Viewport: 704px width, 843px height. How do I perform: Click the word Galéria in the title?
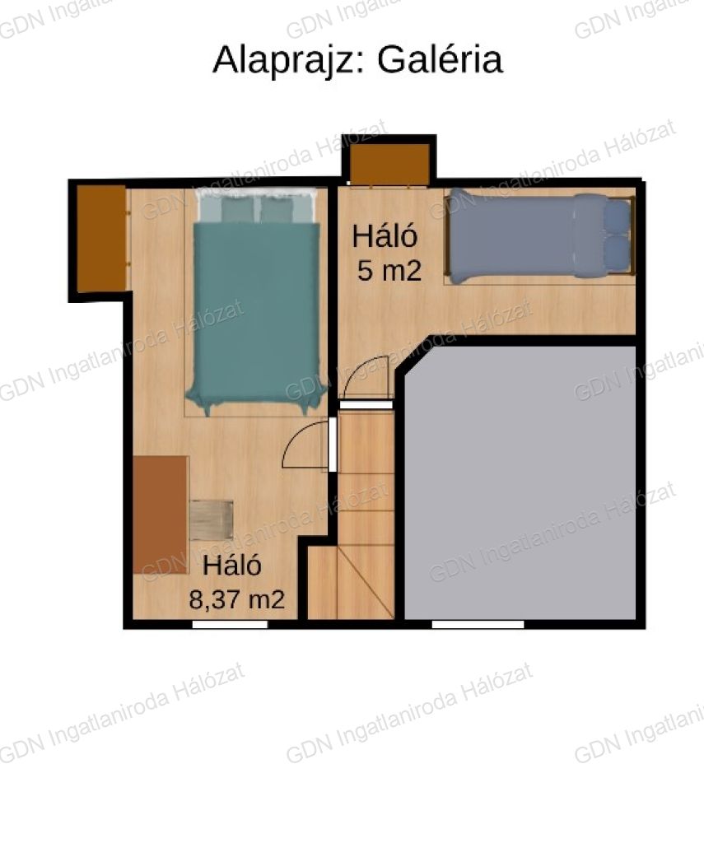click(440, 59)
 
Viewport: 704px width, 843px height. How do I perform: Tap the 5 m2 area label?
click(389, 271)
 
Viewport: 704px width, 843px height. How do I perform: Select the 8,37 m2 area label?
click(236, 599)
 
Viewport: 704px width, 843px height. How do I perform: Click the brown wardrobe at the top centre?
click(390, 164)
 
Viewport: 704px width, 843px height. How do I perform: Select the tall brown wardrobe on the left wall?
click(101, 239)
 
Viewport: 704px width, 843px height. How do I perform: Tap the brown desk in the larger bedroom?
click(161, 515)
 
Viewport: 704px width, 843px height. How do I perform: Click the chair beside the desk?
click(212, 520)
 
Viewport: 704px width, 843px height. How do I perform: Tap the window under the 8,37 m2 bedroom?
click(231, 624)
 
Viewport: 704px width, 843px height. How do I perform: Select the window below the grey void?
click(478, 624)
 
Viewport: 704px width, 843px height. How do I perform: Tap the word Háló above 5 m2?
click(385, 236)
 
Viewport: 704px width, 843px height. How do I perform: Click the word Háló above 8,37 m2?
click(232, 566)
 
